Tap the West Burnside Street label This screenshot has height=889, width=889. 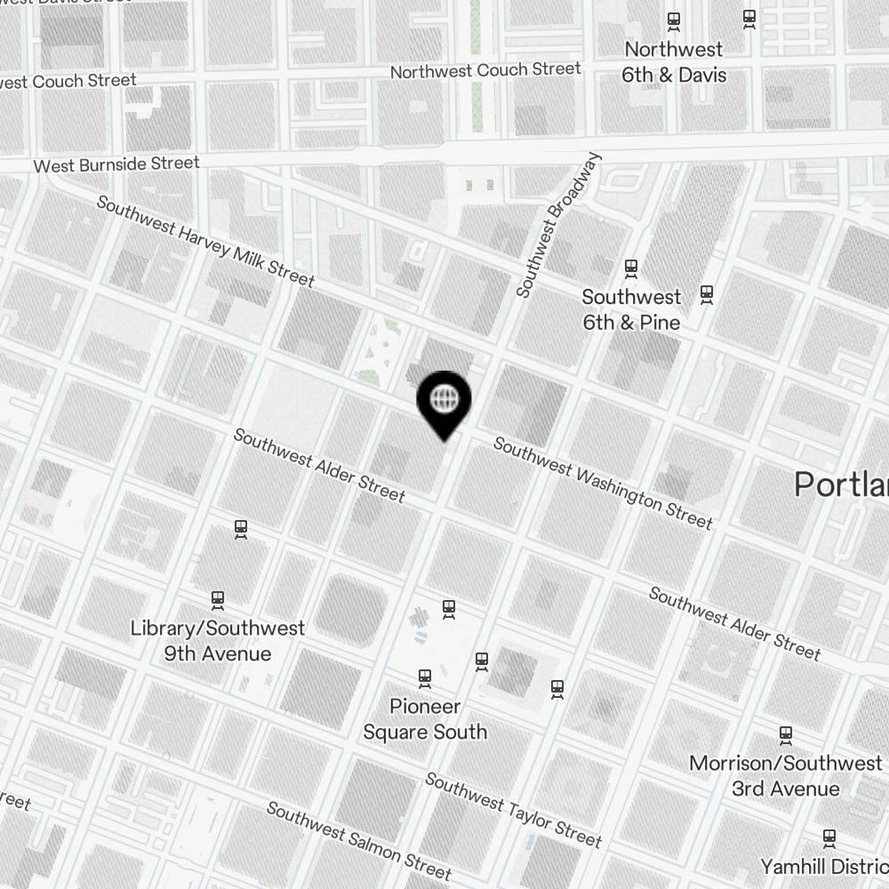pos(116,164)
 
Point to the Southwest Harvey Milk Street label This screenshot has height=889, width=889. pos(205,241)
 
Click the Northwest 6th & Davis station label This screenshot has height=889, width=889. pos(673,62)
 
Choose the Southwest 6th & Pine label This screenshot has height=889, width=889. pos(631,309)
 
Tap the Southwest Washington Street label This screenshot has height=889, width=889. pos(603,483)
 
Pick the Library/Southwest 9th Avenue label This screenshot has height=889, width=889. pos(218,641)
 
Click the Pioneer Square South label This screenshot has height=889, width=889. pos(425,719)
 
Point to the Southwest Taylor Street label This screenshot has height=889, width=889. pos(513,809)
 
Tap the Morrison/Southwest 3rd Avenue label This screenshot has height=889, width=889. pos(786,776)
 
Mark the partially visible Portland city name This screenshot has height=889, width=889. pos(841,485)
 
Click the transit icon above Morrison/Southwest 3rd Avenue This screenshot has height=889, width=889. pos(786,735)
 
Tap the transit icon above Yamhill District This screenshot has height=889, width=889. pos(829,837)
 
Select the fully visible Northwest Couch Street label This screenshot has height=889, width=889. pos(485,69)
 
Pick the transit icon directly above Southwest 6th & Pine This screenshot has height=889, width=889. pos(631,267)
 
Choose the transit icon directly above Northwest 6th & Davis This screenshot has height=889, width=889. pos(674,20)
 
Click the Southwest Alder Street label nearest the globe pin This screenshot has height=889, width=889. pos(319,465)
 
